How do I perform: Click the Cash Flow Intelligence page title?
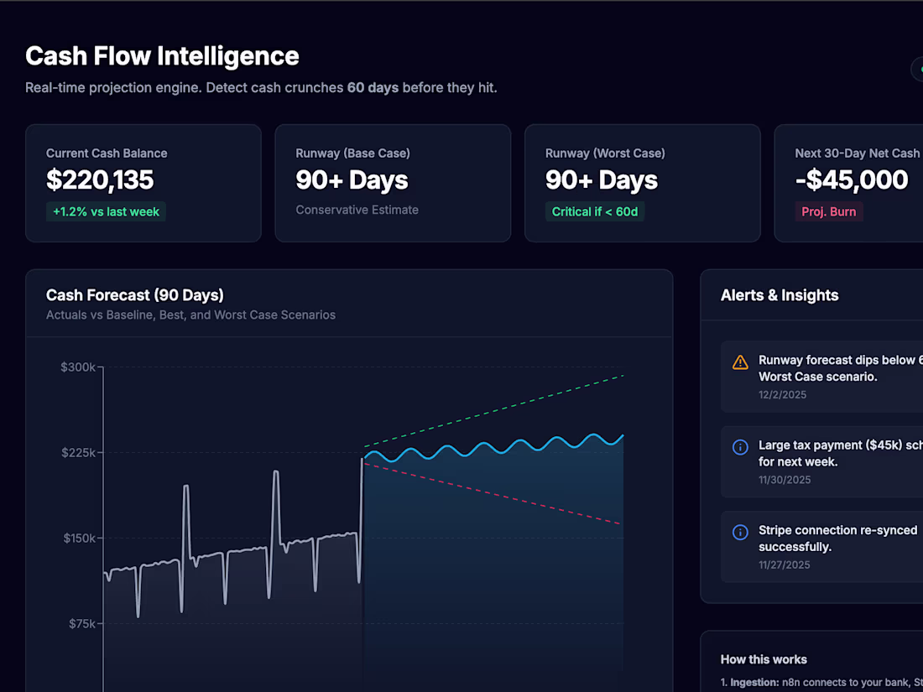[x=162, y=56]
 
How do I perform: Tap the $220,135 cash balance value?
[x=100, y=180]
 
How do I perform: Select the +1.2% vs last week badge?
[x=106, y=211]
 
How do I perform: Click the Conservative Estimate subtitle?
[x=357, y=210]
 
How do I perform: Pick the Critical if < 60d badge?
[x=595, y=211]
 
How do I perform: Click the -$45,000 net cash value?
[x=852, y=180]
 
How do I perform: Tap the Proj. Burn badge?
[x=828, y=211]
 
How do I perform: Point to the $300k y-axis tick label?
[x=79, y=367]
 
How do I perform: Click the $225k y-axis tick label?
[x=79, y=452]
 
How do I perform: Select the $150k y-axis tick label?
[x=79, y=538]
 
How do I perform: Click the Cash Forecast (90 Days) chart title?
[x=134, y=294]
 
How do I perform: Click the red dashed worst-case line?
[x=503, y=495]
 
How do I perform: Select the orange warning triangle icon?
[x=740, y=362]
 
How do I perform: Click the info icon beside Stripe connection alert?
[x=740, y=533]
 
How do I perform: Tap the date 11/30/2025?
[x=785, y=480]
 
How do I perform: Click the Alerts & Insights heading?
[x=780, y=295]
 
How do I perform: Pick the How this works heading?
[x=764, y=659]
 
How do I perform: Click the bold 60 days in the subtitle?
[x=373, y=87]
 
